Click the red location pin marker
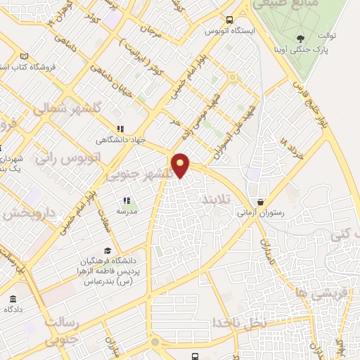181,165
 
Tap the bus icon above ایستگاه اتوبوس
227,18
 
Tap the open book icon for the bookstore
25,56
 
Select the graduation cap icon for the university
108,250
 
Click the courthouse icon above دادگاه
14,298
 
